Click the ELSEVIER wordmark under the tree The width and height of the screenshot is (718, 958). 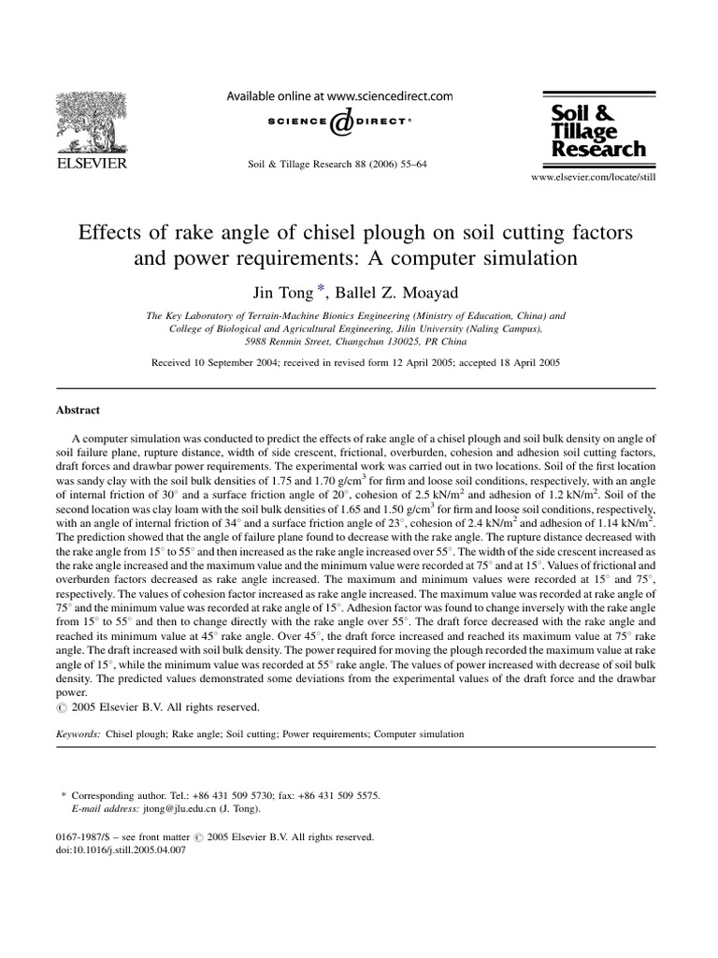pyautogui.click(x=91, y=165)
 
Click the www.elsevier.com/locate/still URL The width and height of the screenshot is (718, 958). pyautogui.click(x=594, y=176)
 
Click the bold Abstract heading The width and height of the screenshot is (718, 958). pyautogui.click(x=79, y=410)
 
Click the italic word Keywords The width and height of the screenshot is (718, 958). pyautogui.click(x=79, y=734)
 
